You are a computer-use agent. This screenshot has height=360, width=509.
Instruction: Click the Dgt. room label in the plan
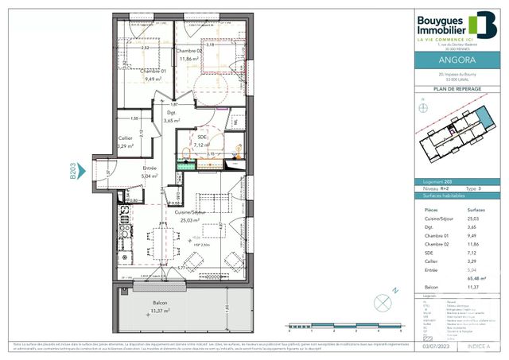[x=170, y=113]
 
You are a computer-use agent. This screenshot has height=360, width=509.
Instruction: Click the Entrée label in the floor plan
[x=150, y=168]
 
